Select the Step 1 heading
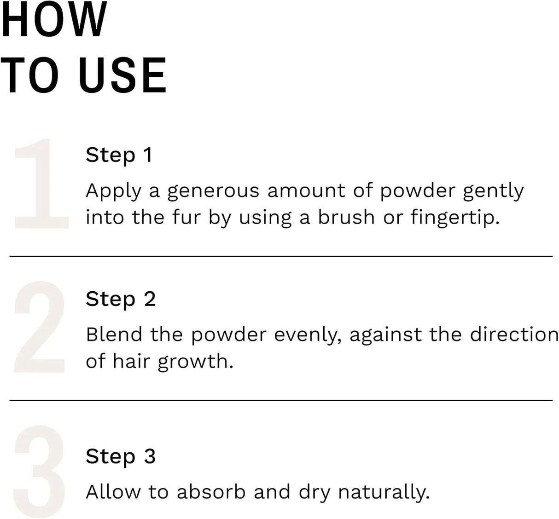119,155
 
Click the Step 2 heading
121,299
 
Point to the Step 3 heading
121,456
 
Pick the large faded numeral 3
40,472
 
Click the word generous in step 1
213,191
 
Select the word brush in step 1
346,217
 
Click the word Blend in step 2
114,334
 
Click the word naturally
384,493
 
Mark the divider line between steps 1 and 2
281,256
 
